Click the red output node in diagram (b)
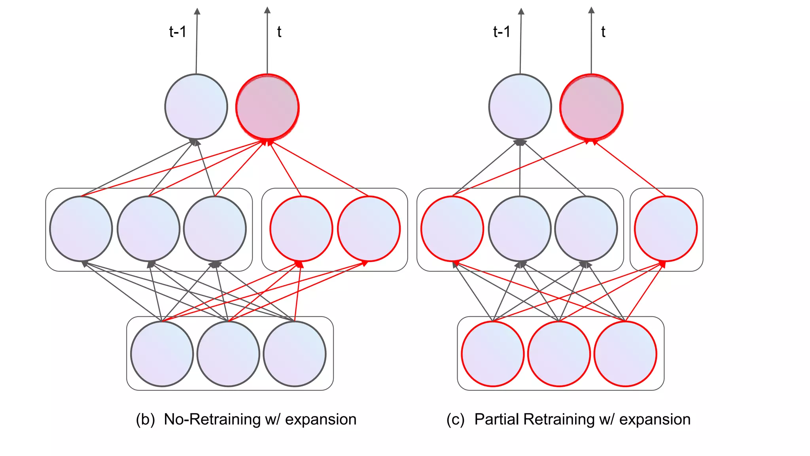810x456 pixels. coord(267,107)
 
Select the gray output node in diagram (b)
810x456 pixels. coord(196,107)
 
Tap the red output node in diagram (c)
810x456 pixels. coord(591,107)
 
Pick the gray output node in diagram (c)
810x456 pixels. coord(520,107)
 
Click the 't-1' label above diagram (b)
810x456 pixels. coord(178,32)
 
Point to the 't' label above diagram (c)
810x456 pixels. coord(603,32)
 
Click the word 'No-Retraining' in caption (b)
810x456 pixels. coord(212,419)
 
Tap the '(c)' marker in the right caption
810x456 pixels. coord(455,420)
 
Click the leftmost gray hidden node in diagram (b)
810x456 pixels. coord(81,229)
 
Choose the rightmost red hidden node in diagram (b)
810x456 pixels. coord(369,229)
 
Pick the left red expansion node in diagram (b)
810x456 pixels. coord(301,229)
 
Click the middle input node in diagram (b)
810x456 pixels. coord(228,353)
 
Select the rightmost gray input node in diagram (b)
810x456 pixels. coord(295,353)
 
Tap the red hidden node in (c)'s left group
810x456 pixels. coord(452,229)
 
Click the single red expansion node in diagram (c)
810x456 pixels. coord(666,229)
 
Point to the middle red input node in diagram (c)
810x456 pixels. coord(559,353)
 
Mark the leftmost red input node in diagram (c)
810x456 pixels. coord(492,353)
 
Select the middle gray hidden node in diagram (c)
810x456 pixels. coord(520,229)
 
